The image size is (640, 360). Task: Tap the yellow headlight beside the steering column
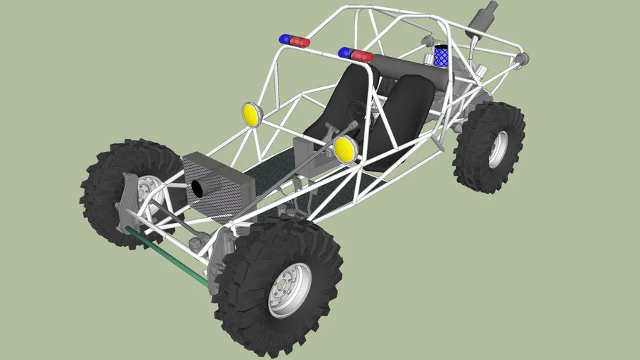[345, 149]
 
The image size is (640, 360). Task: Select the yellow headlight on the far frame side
[252, 114]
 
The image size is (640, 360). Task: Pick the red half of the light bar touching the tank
[363, 56]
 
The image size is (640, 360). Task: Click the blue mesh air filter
[441, 56]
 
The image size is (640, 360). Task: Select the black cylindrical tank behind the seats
[415, 70]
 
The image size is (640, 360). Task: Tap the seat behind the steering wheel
[345, 98]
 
